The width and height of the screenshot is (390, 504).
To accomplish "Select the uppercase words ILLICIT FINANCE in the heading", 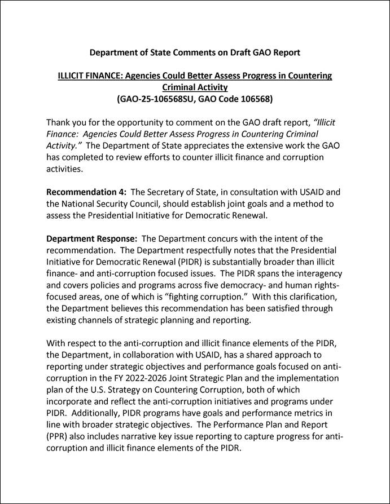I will pos(90,76).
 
